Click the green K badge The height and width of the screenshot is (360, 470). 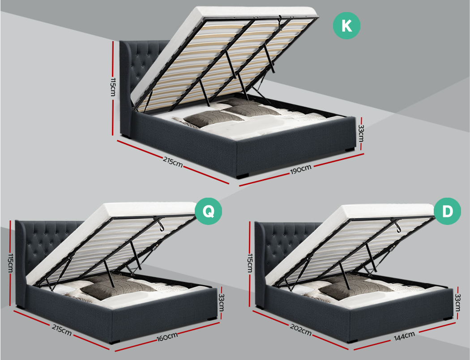(346, 25)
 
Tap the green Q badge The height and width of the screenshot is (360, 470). (209, 211)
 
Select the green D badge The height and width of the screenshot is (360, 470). (447, 211)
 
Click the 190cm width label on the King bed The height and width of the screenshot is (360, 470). (300, 169)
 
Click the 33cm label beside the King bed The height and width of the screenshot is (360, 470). (360, 133)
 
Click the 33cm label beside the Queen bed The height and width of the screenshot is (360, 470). (221, 303)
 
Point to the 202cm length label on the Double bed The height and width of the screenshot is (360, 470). (300, 331)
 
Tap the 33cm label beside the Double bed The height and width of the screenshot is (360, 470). (457, 303)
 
